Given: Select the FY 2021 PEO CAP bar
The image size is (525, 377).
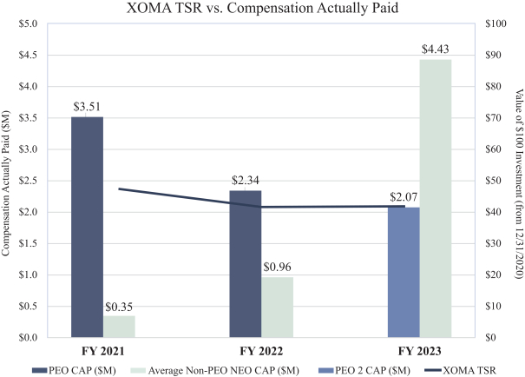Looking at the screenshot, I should tap(87, 226).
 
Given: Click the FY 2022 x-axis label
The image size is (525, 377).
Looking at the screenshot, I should tap(261, 351).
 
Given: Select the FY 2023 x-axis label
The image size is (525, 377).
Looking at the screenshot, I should tap(421, 351).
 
